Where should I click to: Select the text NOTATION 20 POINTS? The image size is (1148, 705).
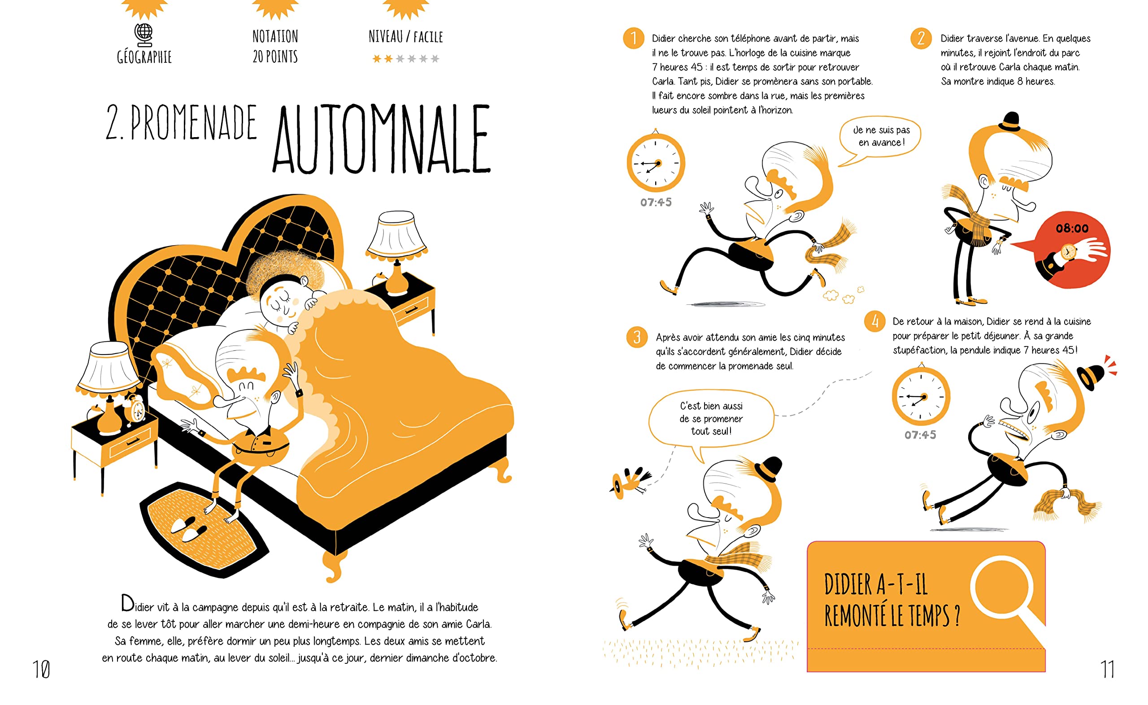tap(275, 46)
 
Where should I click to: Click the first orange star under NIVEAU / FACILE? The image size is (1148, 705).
tap(376, 59)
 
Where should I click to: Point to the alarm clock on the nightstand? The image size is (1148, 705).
tap(137, 409)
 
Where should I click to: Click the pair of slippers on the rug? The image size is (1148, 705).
tap(189, 529)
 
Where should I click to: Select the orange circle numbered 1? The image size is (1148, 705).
tap(634, 38)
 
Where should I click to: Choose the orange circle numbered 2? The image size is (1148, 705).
tap(921, 38)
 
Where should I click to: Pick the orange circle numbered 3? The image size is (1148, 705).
tap(637, 337)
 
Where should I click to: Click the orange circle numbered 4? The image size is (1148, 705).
tap(875, 321)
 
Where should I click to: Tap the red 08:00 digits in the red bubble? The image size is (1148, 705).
tap(1072, 229)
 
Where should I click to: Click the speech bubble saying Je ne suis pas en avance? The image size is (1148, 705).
tap(880, 138)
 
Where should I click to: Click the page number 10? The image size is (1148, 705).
tap(41, 670)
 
